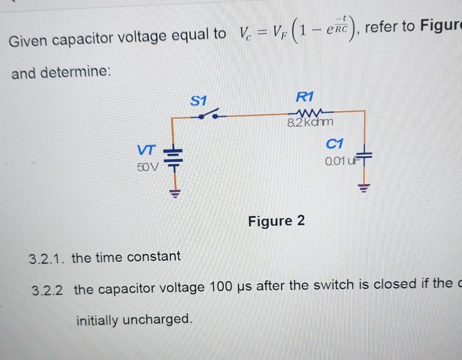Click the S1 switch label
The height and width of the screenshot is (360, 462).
click(x=198, y=101)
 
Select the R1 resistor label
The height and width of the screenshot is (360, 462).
click(x=305, y=97)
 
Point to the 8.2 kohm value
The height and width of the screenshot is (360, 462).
click(x=310, y=122)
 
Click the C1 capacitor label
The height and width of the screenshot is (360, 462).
click(x=334, y=144)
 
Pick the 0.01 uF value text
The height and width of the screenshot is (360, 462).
click(x=340, y=161)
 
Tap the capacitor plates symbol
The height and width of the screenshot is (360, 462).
click(x=365, y=155)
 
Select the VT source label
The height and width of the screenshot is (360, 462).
click(x=146, y=150)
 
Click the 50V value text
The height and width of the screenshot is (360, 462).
click(x=148, y=167)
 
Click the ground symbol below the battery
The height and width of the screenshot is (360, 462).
click(x=175, y=193)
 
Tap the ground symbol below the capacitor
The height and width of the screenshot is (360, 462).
click(x=364, y=188)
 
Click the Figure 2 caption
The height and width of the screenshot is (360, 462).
click(x=276, y=221)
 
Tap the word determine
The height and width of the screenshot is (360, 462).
click(x=76, y=72)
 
